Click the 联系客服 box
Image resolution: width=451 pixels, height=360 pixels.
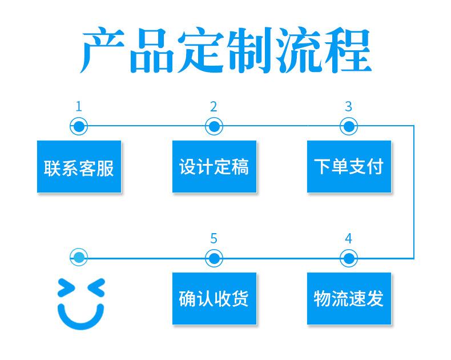pos(79,166)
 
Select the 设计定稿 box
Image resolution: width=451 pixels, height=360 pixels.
pos(214,166)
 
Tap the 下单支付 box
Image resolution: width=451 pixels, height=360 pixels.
pos(349,166)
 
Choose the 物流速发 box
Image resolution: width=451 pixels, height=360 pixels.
pos(349,298)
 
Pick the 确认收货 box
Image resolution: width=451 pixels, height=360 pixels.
pos(214,298)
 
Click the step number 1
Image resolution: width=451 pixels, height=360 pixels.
pos(79,106)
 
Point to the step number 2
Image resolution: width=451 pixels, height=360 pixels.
pos(214,106)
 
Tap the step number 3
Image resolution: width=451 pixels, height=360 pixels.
pos(349,106)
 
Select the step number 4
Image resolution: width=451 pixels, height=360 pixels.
pos(349,238)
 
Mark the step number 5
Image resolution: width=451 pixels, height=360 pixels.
pos(214,238)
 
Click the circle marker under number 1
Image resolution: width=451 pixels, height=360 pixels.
pos(79,126)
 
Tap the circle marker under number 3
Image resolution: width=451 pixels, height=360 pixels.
pos(349,126)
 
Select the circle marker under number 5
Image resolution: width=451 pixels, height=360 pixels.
pos(214,258)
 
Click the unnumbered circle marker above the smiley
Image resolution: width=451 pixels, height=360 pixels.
pos(79,257)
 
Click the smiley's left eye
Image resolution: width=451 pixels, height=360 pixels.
pos(66,288)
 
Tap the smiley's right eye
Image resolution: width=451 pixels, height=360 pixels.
pos(96,287)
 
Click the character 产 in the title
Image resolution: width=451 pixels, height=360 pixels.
pos(102,50)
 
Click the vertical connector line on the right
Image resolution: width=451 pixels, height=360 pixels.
pos(414,192)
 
